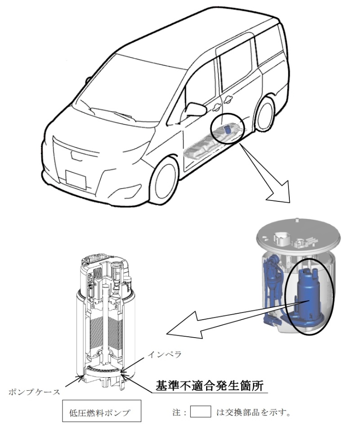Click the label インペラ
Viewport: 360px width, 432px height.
tap(165, 354)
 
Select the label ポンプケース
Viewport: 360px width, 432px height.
tap(34, 392)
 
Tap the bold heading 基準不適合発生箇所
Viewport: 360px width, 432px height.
tap(210, 386)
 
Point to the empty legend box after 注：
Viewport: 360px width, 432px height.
tap(201, 411)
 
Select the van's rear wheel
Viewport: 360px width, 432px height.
tap(265, 113)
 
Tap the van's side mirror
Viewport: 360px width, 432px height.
tap(195, 110)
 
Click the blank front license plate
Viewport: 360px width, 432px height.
tap(76, 179)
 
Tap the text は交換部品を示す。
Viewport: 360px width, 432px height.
tap(253, 412)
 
